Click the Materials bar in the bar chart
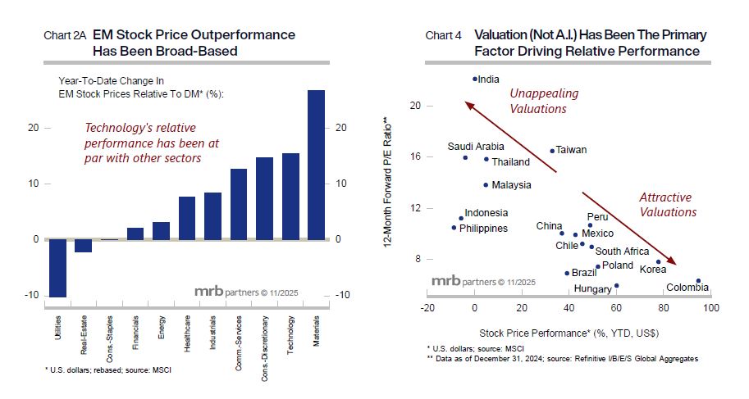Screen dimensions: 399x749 [317, 164]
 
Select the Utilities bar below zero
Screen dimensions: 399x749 [57, 267]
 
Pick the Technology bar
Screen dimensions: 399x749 [290, 196]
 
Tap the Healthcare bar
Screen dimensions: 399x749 [187, 218]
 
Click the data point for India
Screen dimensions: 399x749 [474, 79]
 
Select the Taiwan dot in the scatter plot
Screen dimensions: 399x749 [551, 151]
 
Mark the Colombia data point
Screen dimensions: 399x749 [698, 281]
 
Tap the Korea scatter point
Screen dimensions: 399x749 [658, 262]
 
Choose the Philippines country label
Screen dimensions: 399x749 [484, 229]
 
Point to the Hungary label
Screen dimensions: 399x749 [592, 289]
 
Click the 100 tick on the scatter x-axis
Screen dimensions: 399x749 [710, 308]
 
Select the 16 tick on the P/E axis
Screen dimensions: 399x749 [415, 156]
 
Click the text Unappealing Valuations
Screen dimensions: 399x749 [538, 101]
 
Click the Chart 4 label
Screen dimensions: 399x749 [443, 36]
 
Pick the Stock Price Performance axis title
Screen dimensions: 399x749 [569, 333]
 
